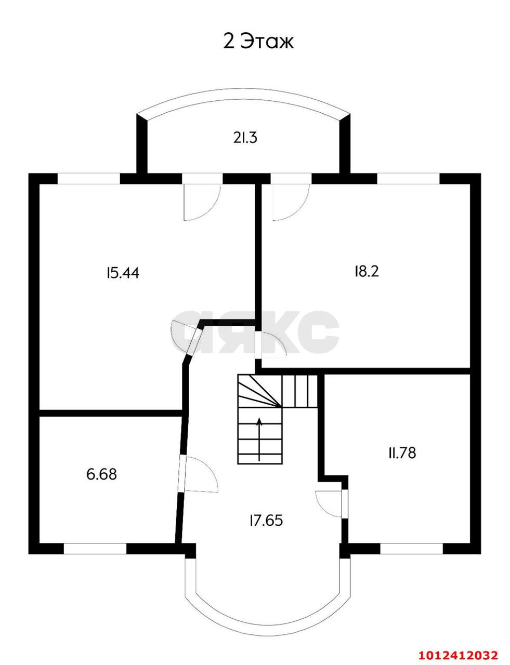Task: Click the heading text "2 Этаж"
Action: [258, 42]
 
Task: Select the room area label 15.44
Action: [122, 272]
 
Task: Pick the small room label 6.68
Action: [102, 474]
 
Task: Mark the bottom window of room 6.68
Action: [95, 549]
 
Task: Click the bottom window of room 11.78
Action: [411, 549]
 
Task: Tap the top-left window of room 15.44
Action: [88, 178]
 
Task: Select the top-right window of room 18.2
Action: [408, 178]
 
